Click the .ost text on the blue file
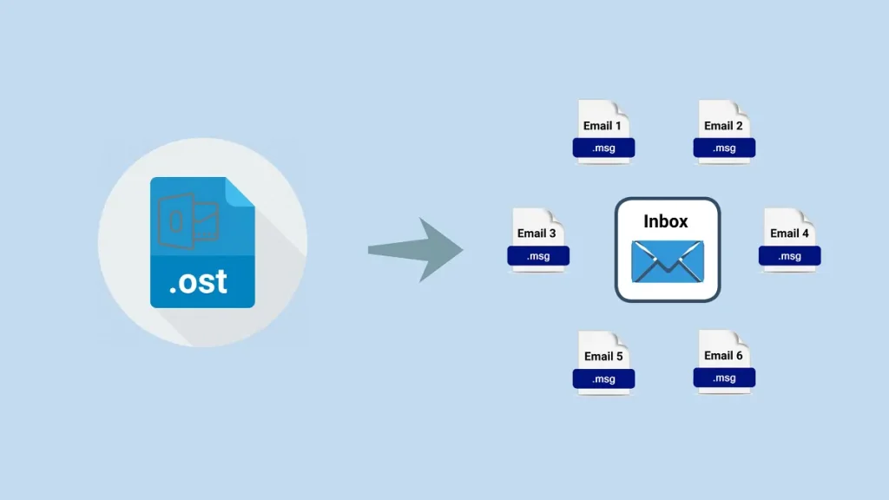(198, 280)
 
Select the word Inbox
(666, 221)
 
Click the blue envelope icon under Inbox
(668, 261)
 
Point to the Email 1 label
(603, 126)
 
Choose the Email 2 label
(723, 126)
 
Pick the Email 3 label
(537, 234)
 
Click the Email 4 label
(789, 234)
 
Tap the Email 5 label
(603, 356)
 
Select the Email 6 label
(723, 355)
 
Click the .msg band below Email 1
(603, 148)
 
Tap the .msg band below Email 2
(724, 148)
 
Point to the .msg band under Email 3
(538, 256)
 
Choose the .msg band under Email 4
(790, 256)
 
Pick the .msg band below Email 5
(603, 379)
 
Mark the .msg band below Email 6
(724, 378)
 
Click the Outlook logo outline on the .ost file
(187, 220)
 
